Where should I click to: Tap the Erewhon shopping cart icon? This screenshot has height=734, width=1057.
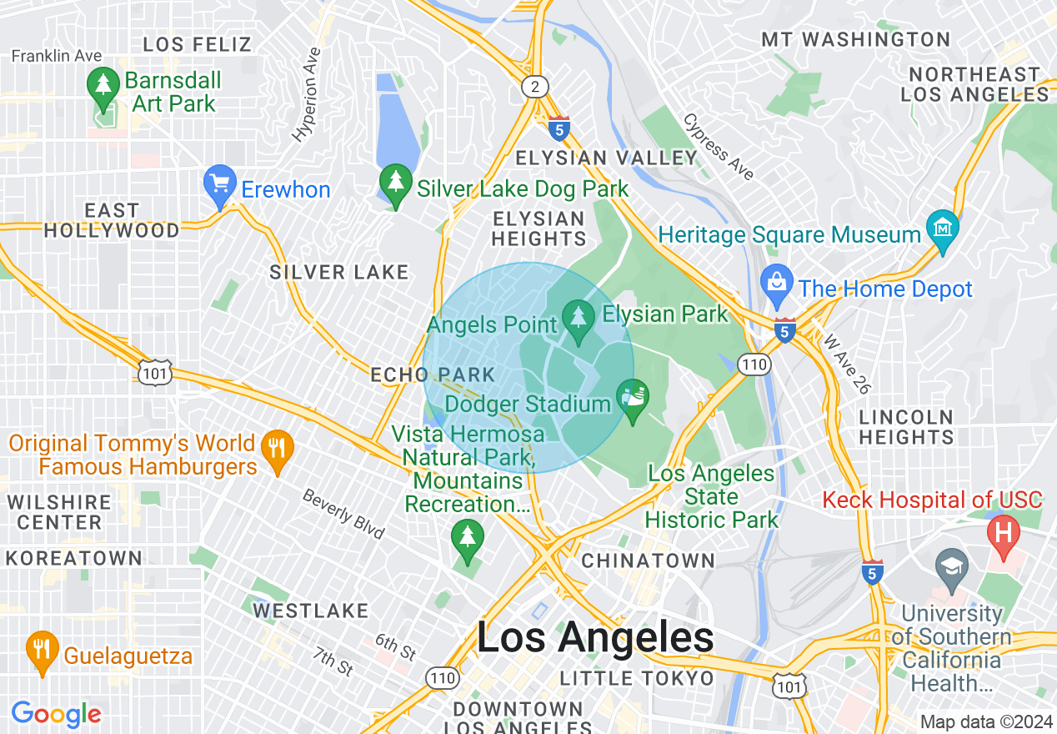click(x=220, y=187)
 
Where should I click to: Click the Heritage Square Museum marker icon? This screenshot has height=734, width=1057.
click(x=943, y=231)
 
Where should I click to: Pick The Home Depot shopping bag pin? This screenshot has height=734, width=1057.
click(x=777, y=285)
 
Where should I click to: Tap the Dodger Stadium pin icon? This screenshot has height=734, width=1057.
click(x=633, y=400)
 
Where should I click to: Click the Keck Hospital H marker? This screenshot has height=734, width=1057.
click(x=1004, y=535)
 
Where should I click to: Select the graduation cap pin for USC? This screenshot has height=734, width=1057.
click(x=951, y=566)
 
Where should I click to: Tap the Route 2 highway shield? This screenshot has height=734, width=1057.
click(x=533, y=86)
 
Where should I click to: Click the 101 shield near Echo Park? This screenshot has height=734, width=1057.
click(x=156, y=373)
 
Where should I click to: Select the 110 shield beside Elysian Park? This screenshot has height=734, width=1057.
click(x=754, y=364)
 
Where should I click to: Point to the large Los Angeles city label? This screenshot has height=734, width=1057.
click(x=595, y=638)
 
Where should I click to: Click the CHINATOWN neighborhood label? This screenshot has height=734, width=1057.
click(x=648, y=561)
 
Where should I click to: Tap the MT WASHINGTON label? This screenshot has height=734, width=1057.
click(x=855, y=39)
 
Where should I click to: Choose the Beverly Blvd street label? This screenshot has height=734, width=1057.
click(x=343, y=515)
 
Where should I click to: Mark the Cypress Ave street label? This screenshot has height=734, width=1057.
click(x=718, y=147)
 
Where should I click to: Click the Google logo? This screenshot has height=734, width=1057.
click(x=56, y=714)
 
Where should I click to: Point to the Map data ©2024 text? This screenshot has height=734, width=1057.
click(x=986, y=721)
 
